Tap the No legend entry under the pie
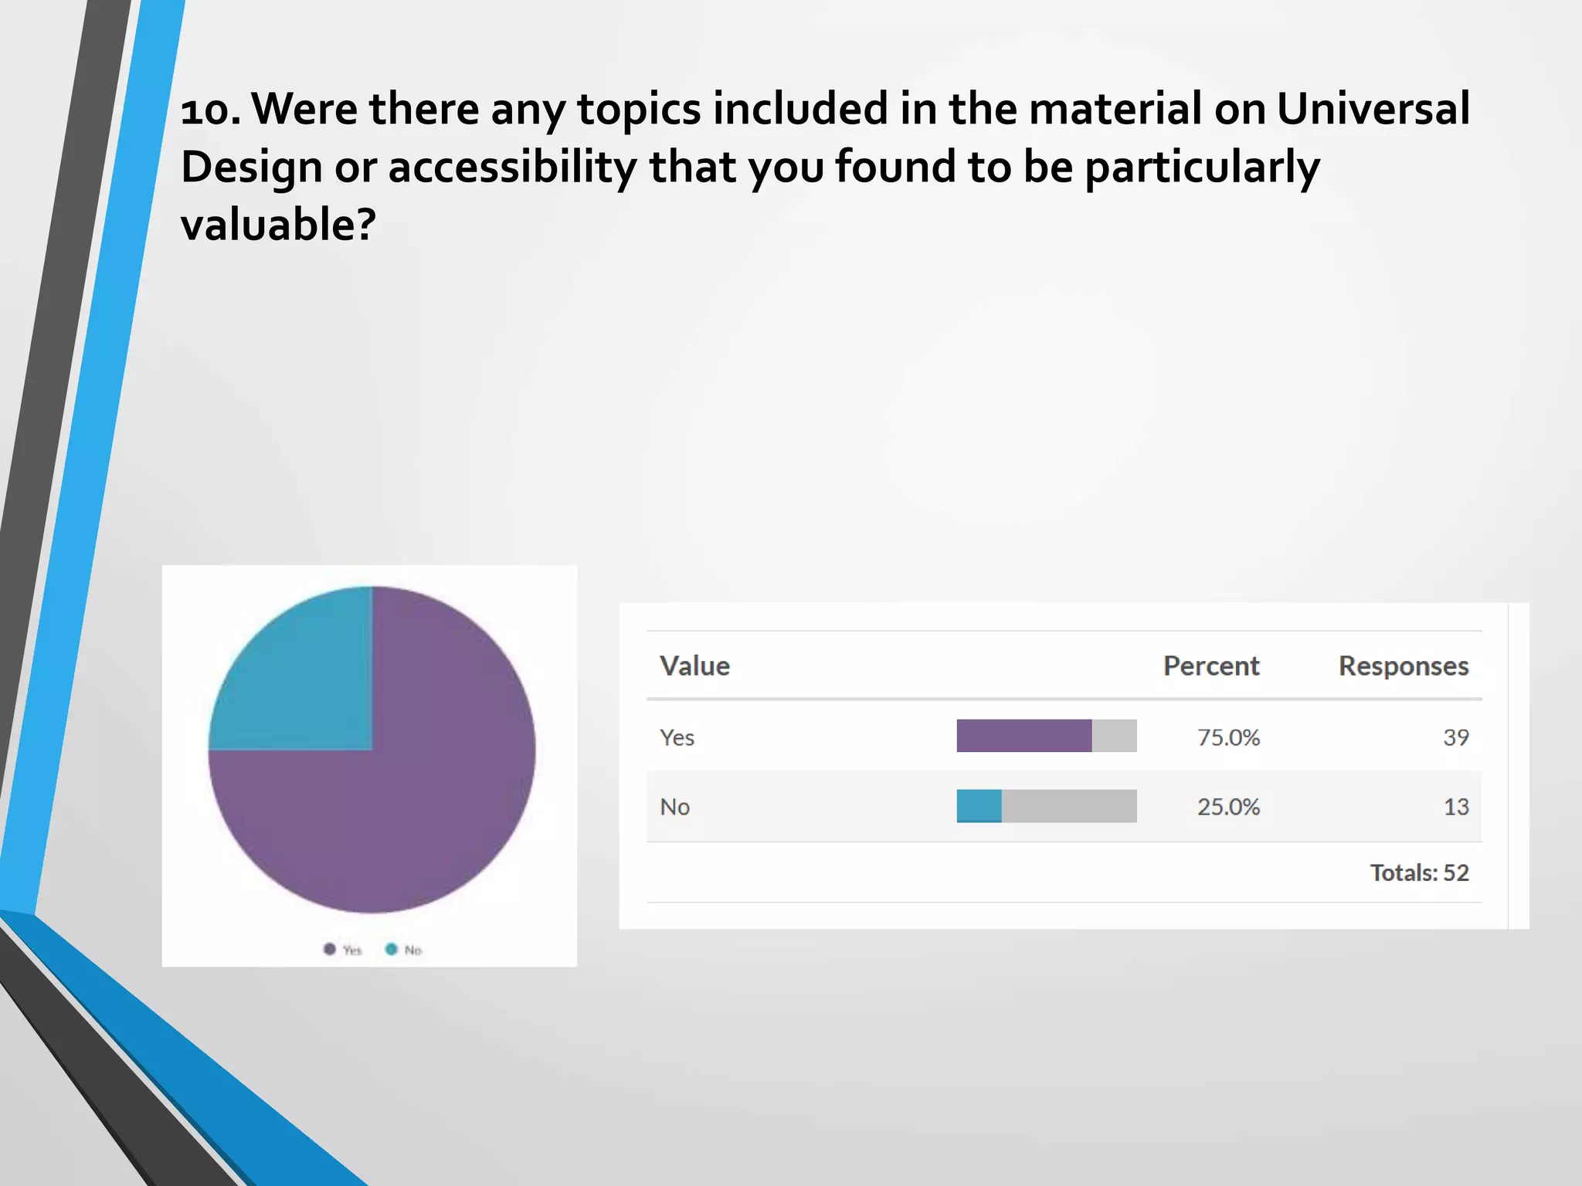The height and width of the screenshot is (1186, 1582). tap(404, 950)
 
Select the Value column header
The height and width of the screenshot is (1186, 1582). tap(694, 666)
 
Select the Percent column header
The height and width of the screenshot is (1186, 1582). tap(1210, 666)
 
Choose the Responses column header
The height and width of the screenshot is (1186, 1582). tap(1403, 666)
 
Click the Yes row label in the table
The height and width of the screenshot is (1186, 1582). tap(677, 737)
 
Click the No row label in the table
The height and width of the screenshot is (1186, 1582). tap(674, 807)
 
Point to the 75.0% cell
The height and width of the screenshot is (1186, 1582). tap(1228, 737)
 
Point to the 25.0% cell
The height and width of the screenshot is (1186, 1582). tap(1228, 807)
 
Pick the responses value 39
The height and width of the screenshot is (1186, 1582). tap(1455, 737)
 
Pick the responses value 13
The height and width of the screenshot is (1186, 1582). tap(1455, 807)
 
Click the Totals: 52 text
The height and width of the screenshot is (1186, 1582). tap(1419, 873)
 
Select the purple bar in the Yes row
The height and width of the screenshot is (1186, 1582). tap(1024, 736)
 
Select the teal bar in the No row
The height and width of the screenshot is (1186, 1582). tap(979, 806)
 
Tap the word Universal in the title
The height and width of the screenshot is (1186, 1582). tap(1373, 108)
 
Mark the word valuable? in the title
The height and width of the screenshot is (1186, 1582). tap(278, 225)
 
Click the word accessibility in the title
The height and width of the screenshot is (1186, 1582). tap(511, 167)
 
